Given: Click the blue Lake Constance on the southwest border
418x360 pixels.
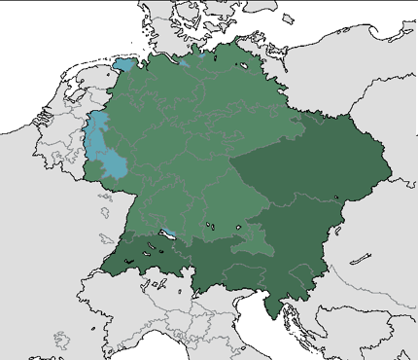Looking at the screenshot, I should pyautogui.click(x=168, y=233).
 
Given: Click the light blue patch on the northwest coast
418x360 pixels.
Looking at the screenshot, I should pyautogui.click(x=124, y=66).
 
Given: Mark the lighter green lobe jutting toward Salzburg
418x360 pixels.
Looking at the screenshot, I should pyautogui.click(x=257, y=238).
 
